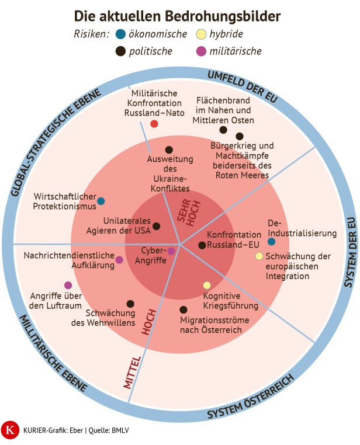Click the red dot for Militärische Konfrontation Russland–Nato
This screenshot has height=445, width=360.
pos(154,124)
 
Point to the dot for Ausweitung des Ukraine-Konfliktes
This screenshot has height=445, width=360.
pos(169,150)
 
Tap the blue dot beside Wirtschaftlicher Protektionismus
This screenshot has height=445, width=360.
pos(101,201)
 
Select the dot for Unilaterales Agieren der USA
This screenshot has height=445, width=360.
pos(156,226)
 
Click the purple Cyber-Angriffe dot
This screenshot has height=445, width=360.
pos(171,251)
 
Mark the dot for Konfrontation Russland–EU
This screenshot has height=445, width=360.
pos(202,245)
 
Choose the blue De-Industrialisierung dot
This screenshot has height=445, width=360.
pos(271,241)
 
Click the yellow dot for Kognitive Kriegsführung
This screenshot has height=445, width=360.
pos(207,285)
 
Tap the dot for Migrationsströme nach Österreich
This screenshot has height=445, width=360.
pos(184,310)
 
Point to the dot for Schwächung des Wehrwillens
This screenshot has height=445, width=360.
pos(130,304)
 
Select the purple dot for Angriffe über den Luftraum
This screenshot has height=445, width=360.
pos(68,285)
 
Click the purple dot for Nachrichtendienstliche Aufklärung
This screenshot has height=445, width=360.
pos(119,260)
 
